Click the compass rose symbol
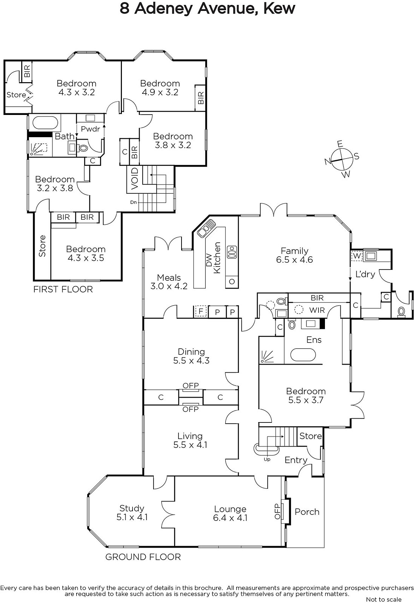click(x=342, y=159)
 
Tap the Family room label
click(x=294, y=255)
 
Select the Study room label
click(x=132, y=513)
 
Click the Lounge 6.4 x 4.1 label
click(x=230, y=514)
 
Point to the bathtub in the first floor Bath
click(x=45, y=123)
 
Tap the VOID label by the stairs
click(x=134, y=179)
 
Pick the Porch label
click(x=307, y=512)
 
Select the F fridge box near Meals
click(x=200, y=311)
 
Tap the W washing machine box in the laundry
click(x=357, y=256)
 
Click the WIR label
click(x=317, y=311)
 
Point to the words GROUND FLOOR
click(x=143, y=557)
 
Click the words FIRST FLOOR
click(x=63, y=289)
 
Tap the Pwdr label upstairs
click(x=90, y=129)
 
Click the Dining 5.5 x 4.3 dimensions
click(x=191, y=360)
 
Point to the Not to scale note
click(x=384, y=600)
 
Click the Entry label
click(x=296, y=460)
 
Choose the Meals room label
click(x=169, y=277)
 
